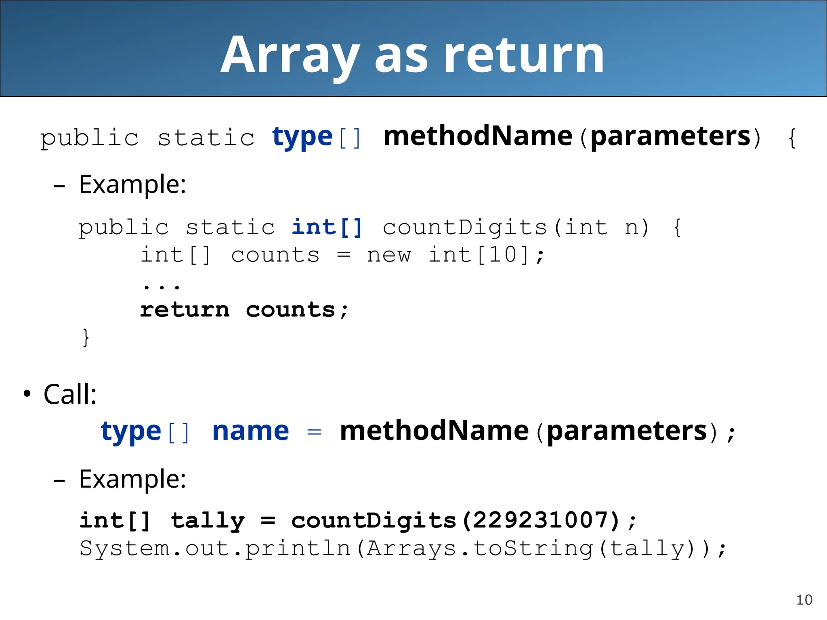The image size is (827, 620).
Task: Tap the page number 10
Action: coord(804,600)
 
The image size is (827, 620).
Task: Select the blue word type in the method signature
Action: coord(302,137)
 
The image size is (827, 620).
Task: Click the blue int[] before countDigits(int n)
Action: coord(327,227)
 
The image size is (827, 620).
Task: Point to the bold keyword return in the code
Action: coord(185,310)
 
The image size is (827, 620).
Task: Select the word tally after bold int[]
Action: coord(208,521)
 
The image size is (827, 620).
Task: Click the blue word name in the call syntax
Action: coord(250,431)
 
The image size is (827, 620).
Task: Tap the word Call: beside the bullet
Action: coord(70,394)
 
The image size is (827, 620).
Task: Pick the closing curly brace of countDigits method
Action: coord(85,337)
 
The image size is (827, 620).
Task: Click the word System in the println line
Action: coord(125,548)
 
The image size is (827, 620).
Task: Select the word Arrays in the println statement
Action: coord(411,548)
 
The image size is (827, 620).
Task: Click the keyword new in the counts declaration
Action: coord(388,255)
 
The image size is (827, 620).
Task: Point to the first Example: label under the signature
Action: coord(132,184)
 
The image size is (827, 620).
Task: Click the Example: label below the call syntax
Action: coord(132,479)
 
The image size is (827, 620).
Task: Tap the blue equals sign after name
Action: coord(314,432)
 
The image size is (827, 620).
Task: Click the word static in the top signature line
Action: coord(206,138)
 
